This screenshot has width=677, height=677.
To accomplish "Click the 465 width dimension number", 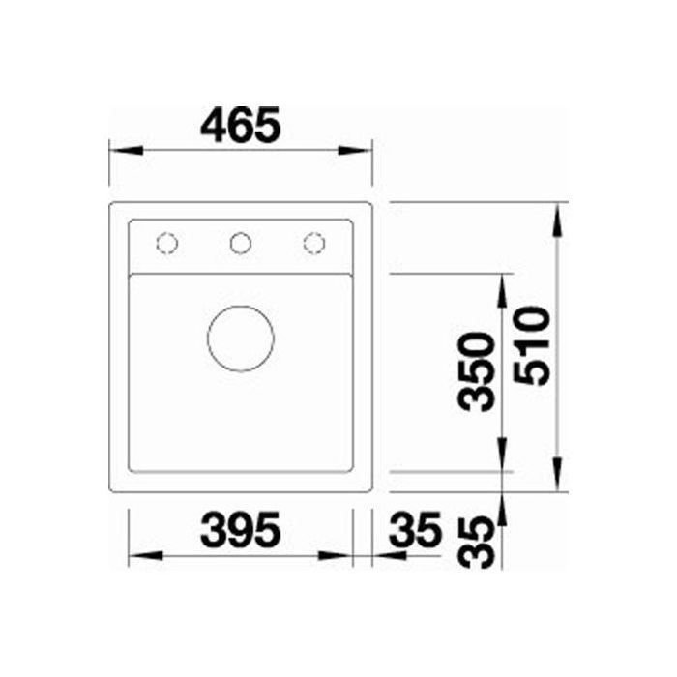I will pos(240,126).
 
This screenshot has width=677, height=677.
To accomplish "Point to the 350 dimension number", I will pos(479,372).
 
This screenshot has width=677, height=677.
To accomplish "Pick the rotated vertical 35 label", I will pos(479,544).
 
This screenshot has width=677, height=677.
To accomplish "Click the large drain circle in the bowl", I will pos(240,338).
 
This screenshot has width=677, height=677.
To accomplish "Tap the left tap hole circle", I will pos(167,243).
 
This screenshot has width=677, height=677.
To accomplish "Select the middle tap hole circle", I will pos(241,243).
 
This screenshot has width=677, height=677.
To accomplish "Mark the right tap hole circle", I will pos(313,243).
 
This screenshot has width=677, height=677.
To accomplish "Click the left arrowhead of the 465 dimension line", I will pos(121,151).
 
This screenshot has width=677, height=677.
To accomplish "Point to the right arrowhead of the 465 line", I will pos(360,151).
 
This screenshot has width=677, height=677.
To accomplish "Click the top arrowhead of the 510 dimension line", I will pos(558,219).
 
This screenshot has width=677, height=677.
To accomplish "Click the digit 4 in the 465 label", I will pos(213,126).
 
